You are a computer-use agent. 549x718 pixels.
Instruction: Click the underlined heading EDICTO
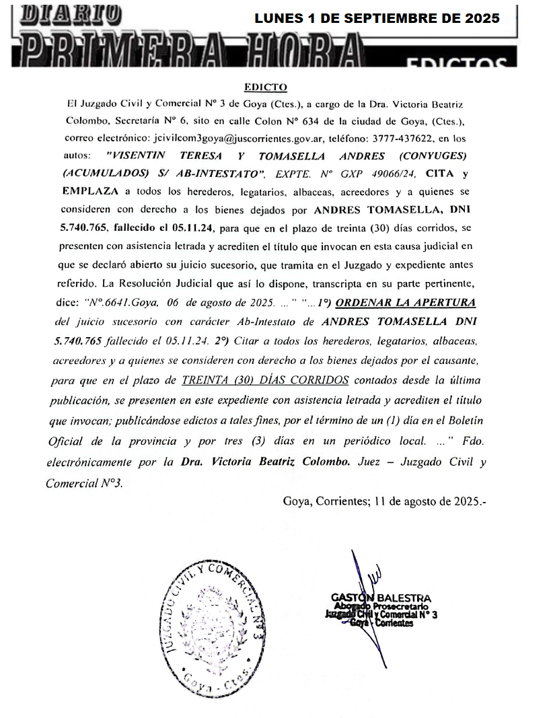(x=265, y=87)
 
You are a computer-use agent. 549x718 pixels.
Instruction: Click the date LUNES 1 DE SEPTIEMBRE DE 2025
(x=377, y=19)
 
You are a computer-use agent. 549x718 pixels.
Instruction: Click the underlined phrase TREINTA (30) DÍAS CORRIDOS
(x=265, y=380)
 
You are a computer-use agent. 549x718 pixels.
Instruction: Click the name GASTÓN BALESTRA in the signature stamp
(x=381, y=598)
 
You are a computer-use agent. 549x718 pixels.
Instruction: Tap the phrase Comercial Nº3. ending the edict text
(x=84, y=482)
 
